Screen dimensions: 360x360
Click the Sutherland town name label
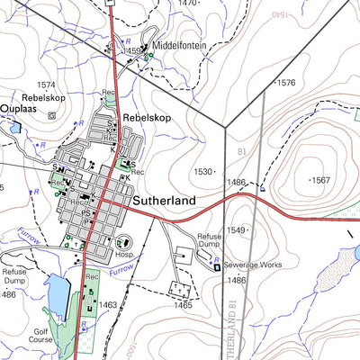point(163,202)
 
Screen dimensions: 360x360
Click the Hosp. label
point(124,256)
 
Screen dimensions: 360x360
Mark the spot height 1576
point(285,83)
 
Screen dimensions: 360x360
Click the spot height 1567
point(319,180)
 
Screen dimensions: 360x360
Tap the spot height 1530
point(202,171)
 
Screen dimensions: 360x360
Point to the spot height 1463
point(108,306)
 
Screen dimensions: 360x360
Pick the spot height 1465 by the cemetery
point(183,306)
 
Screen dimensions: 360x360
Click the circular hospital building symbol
point(124,241)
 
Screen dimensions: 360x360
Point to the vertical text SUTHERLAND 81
point(237,325)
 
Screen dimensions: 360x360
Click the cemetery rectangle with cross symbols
point(183,290)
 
